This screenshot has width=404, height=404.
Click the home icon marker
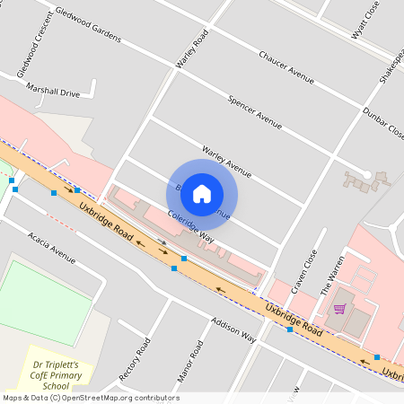[202, 193]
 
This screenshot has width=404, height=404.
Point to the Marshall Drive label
[53, 91]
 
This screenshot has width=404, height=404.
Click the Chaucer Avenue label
[286, 68]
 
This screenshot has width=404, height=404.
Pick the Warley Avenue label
[226, 159]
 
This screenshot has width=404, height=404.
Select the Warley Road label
[192, 48]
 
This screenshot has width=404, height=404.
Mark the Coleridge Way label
[190, 226]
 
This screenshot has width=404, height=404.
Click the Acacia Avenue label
[52, 242]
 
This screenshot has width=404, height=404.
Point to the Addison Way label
[233, 329]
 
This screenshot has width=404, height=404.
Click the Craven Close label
[307, 267]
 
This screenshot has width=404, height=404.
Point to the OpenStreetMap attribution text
[90, 398]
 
